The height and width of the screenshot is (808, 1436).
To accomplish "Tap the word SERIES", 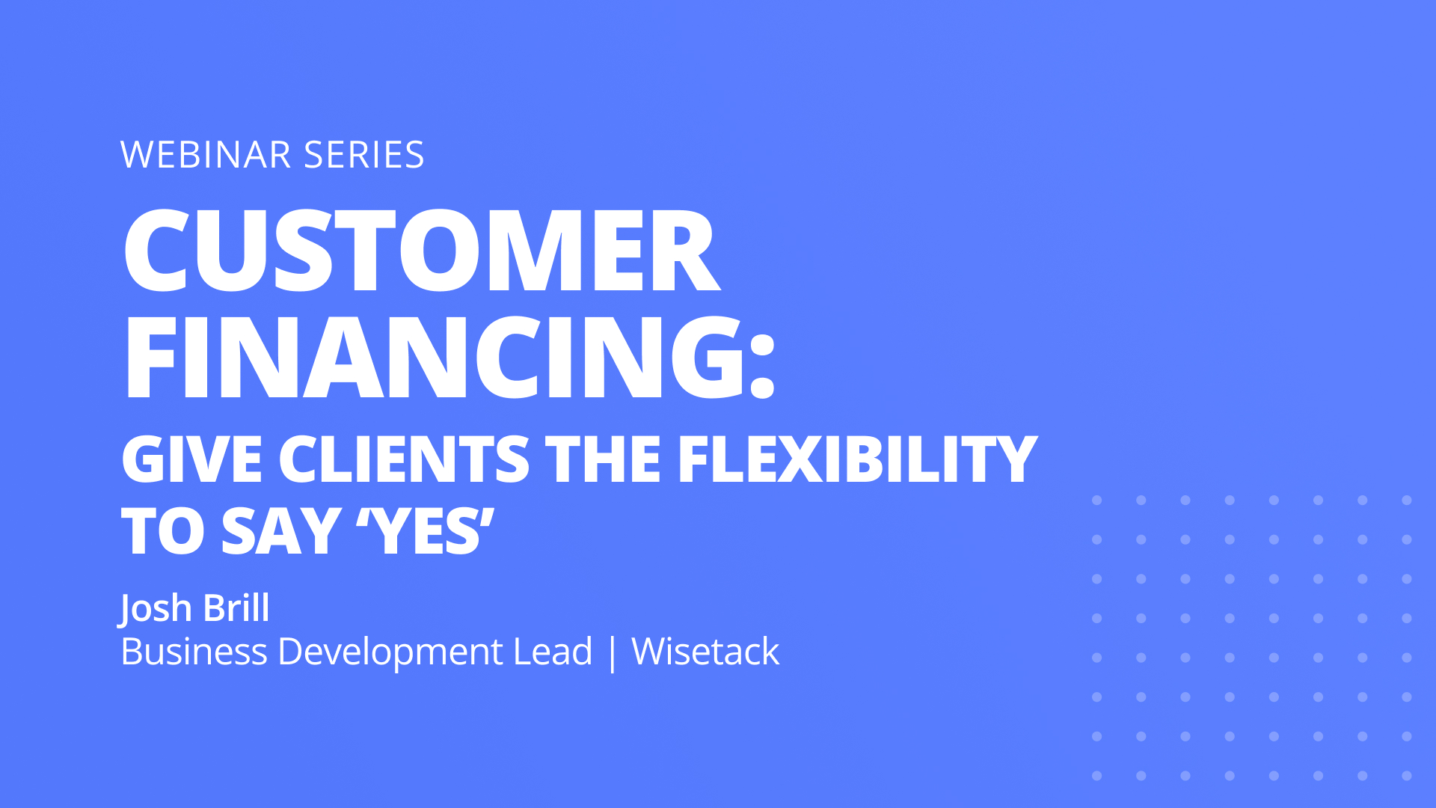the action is (364, 155).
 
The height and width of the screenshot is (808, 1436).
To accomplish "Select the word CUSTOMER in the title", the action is (422, 250).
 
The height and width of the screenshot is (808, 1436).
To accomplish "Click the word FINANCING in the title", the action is (434, 357).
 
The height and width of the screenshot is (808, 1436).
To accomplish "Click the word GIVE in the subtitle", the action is (191, 459).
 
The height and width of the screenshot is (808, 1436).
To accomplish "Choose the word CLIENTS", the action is (404, 459).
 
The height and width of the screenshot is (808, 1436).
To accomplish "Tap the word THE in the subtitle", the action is (603, 459).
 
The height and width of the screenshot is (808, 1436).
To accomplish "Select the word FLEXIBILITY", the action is (857, 459).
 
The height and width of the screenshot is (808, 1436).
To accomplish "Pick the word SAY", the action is (281, 531).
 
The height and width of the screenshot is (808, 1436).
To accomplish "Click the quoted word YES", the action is (425, 531).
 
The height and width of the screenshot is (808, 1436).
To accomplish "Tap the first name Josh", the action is (156, 608).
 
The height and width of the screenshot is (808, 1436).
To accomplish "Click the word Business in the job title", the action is (194, 651).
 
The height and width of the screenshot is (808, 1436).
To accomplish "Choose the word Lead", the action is (553, 651).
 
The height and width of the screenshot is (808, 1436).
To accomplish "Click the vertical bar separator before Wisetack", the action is (613, 653).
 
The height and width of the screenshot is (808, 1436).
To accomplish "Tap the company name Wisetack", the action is (705, 651).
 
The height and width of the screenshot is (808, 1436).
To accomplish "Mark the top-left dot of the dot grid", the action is (1096, 500).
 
